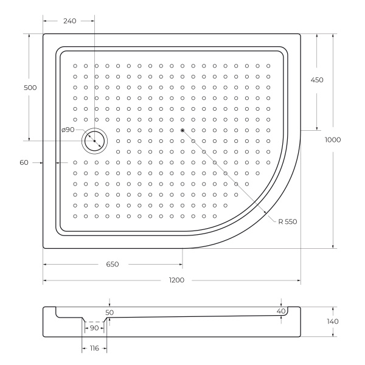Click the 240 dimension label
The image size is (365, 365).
click(x=69, y=21)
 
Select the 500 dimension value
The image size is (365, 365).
click(x=30, y=88)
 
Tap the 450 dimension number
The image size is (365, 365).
click(x=317, y=80)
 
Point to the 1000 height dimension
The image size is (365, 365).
click(x=333, y=140)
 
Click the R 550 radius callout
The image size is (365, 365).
click(x=287, y=222)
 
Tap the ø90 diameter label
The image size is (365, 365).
click(x=68, y=130)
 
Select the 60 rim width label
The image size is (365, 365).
click(x=24, y=162)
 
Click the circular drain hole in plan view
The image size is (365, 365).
click(x=94, y=141)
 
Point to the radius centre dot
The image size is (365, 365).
click(x=182, y=130)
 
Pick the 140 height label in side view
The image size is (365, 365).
click(x=333, y=321)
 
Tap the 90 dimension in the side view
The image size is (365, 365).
click(x=94, y=328)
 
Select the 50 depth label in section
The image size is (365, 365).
click(x=109, y=312)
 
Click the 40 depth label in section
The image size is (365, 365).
click(x=280, y=311)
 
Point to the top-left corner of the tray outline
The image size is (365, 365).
click(x=44, y=34)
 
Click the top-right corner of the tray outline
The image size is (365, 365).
click(x=300, y=34)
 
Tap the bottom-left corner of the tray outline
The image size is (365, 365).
click(x=44, y=248)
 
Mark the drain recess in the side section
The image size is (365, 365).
click(x=94, y=321)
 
